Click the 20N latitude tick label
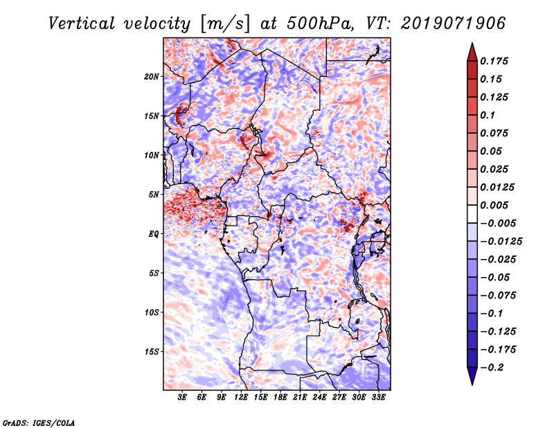[x=152, y=76]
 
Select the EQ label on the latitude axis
[x=153, y=233]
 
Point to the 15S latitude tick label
[x=152, y=351]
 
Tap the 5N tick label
[x=154, y=195]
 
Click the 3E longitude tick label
[x=182, y=398]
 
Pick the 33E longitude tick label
[x=378, y=398]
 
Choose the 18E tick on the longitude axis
[x=280, y=398]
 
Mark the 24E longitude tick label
[x=319, y=398]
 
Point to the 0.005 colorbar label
[x=495, y=205]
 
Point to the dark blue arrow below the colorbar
[x=472, y=377]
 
